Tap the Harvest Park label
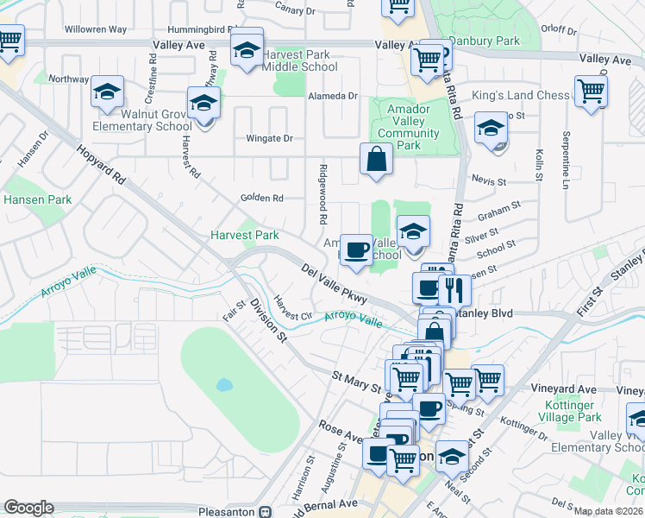[x=246, y=235]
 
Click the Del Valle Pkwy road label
[x=335, y=283]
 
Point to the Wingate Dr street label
[x=270, y=138]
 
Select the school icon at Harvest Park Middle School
[x=247, y=51]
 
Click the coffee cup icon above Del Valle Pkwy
[x=356, y=250]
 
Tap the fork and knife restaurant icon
[x=455, y=290]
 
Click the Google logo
[x=28, y=508]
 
